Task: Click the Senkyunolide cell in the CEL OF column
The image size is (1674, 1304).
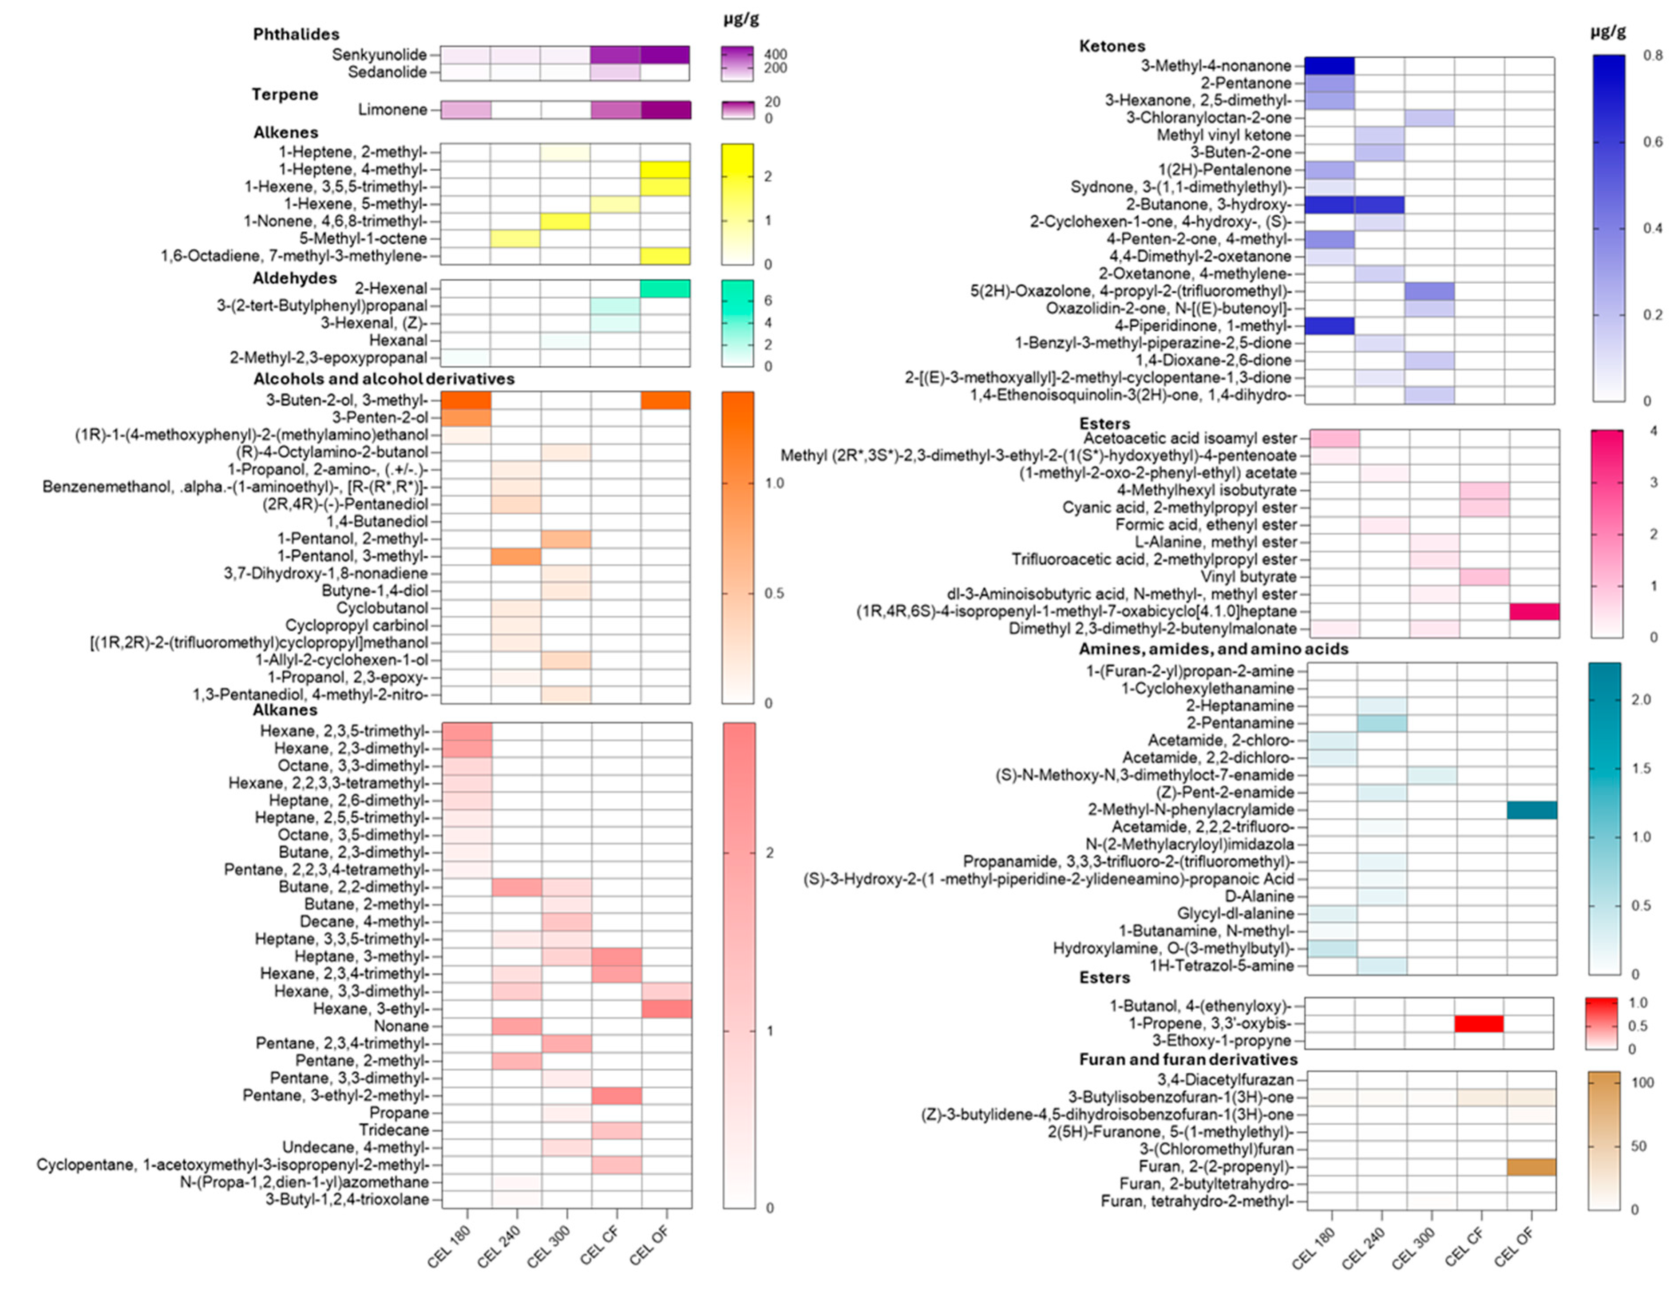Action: tap(665, 55)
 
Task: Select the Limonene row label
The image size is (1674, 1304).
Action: tap(392, 110)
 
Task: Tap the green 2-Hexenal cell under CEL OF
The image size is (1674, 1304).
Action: tap(665, 288)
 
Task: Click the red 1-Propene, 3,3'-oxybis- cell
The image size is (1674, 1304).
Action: tap(1479, 1023)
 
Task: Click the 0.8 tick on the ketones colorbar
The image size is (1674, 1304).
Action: tap(1653, 55)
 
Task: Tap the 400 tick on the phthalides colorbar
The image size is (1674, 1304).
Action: tap(775, 55)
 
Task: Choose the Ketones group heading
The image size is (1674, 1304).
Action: tap(1112, 46)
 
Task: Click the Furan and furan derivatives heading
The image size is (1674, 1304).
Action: tap(1187, 1059)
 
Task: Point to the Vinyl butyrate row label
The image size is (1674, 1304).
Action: tap(1248, 576)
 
